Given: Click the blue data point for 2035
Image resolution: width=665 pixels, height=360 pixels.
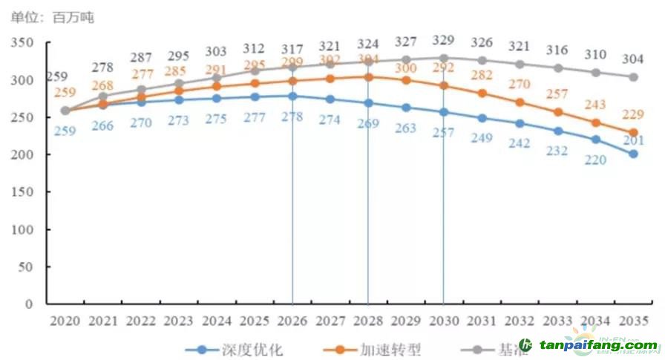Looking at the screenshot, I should pos(633,154).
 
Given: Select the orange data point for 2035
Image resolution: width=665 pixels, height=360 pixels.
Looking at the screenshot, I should pos(633,133).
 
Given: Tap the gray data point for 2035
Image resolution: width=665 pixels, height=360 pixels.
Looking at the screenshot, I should pos(633,77).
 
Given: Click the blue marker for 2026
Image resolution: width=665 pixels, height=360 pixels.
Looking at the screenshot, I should pos(292,96).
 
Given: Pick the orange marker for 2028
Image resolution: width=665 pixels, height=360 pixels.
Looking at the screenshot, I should pos(368,76).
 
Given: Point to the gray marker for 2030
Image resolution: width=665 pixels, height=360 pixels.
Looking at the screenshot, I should pos(444,58).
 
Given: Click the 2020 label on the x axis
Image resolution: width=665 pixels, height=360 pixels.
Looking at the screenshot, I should pos(65,321).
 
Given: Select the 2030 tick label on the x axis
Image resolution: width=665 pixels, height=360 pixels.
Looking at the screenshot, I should pos(444,321).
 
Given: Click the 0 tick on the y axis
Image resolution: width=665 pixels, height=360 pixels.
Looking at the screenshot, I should pos(30,304).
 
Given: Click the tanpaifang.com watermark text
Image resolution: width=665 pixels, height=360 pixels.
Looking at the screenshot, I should pos(598,346).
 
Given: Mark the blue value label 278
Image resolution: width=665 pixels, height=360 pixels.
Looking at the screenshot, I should pos(292,116).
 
